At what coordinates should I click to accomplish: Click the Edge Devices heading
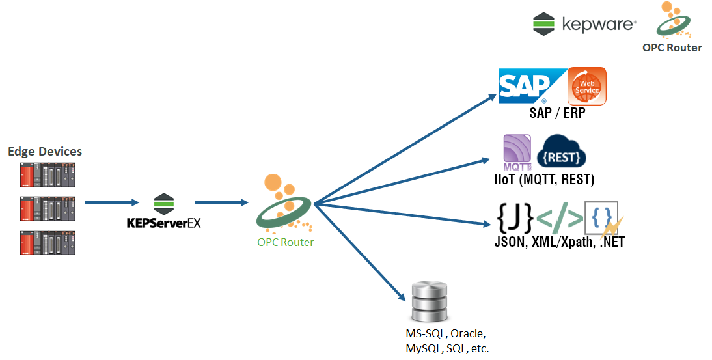(x=45, y=152)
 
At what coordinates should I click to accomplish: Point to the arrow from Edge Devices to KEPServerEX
(x=111, y=202)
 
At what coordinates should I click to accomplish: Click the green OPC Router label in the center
(x=285, y=242)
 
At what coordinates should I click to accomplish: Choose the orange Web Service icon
(x=586, y=85)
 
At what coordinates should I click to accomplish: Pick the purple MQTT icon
(x=517, y=150)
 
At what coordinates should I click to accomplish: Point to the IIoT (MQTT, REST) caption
(x=545, y=179)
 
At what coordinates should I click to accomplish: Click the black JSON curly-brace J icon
(x=515, y=218)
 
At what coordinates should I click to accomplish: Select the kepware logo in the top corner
(x=583, y=24)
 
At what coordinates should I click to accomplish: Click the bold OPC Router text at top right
(x=672, y=48)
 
